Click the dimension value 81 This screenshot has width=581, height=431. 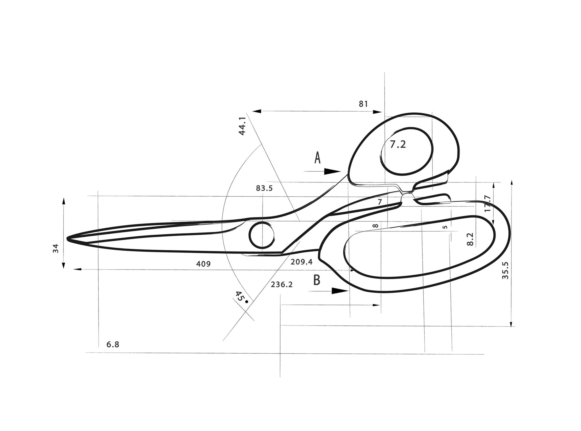coord(363,104)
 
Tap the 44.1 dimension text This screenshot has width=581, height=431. coord(242,126)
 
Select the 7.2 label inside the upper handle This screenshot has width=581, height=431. coord(398,144)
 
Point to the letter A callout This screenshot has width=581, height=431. coord(317,158)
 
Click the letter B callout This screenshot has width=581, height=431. coord(317,280)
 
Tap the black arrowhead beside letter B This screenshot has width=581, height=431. coord(340,291)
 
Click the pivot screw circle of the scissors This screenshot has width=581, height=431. coord(262,235)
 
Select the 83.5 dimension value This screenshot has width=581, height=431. coord(264,188)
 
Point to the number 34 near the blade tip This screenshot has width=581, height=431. coord(56,248)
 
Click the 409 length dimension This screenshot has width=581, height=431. coord(203,264)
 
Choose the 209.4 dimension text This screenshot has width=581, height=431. coord(301,262)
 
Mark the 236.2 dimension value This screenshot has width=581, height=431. coord(282,284)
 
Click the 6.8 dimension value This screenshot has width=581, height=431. coord(113,345)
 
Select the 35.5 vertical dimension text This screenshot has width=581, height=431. coord(505,270)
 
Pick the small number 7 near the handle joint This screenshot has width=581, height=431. coord(380,202)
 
